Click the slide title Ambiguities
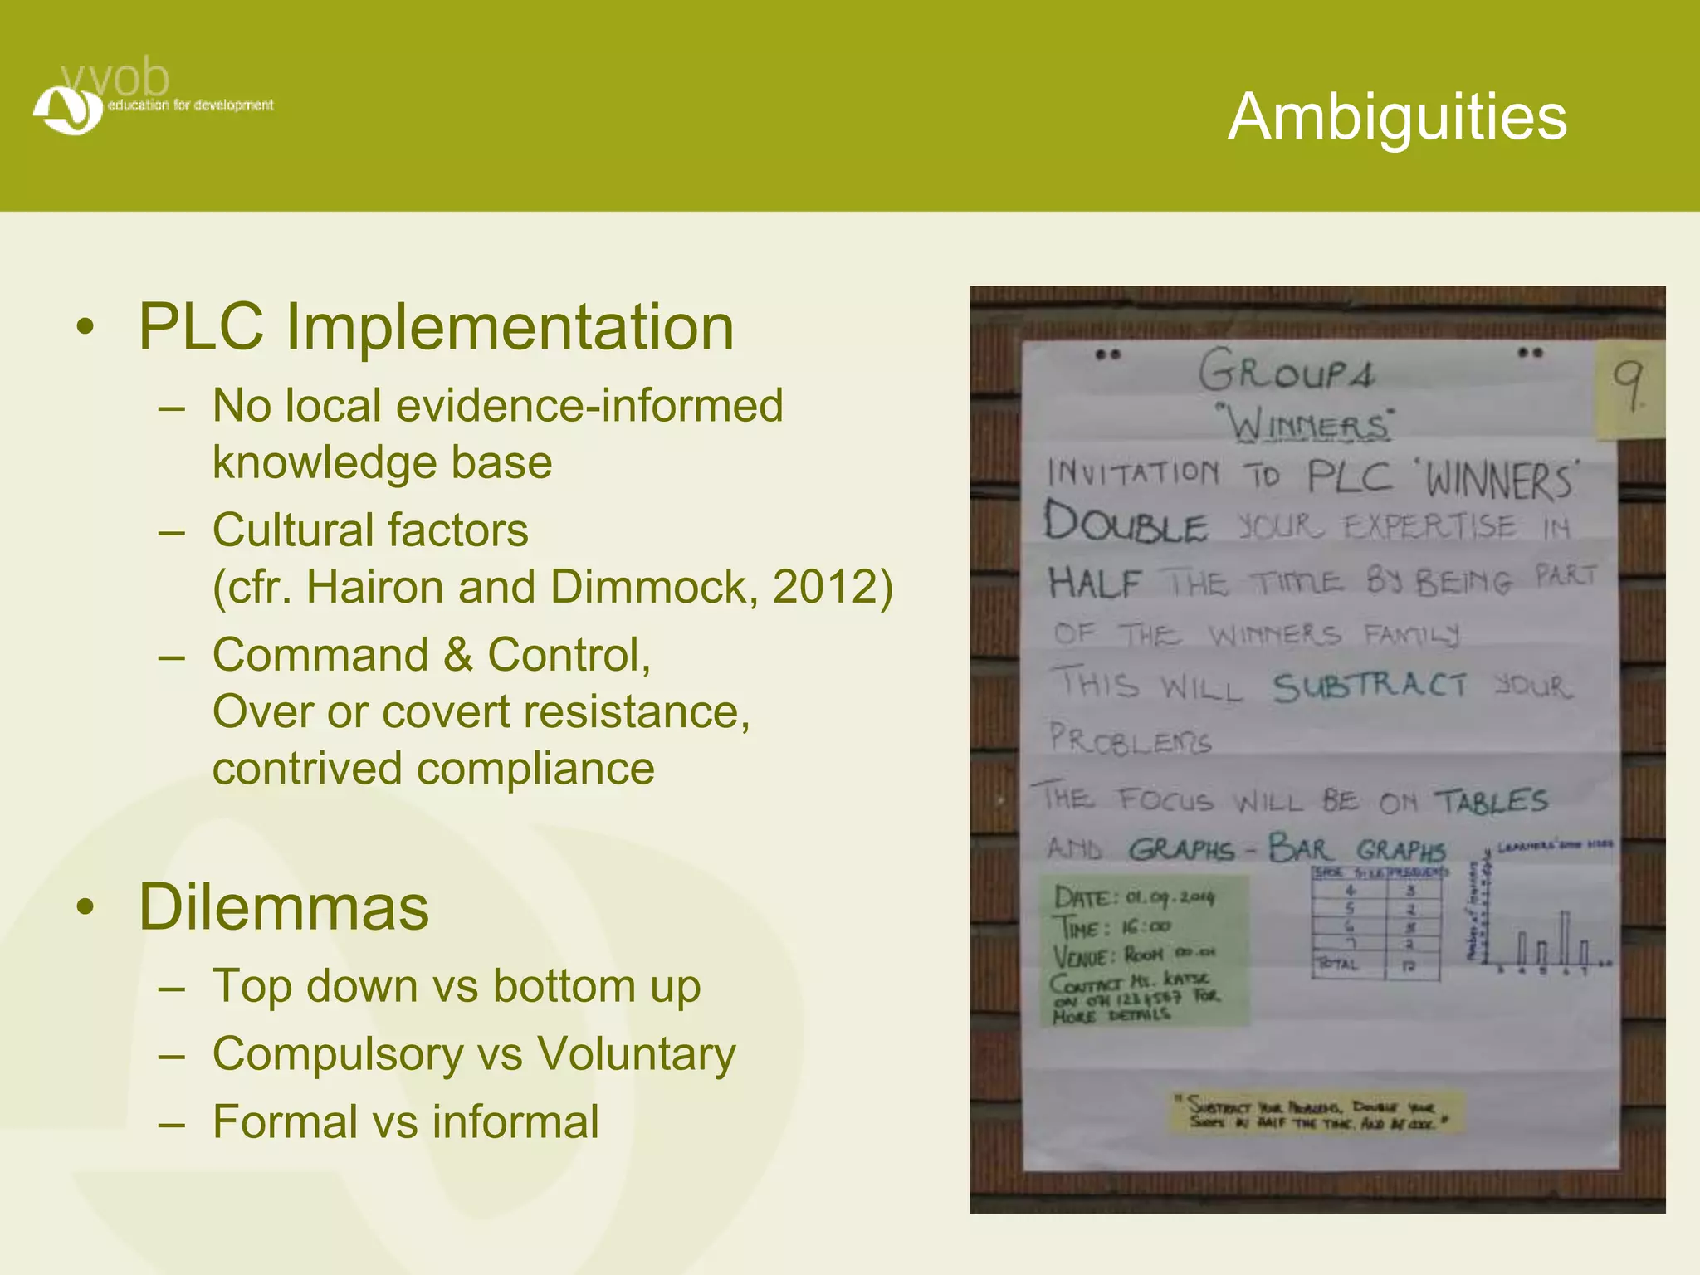(x=1397, y=117)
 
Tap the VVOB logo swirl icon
(x=67, y=110)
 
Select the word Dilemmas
(x=284, y=906)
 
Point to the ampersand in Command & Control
(x=457, y=655)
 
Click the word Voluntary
(x=636, y=1054)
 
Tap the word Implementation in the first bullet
(x=510, y=327)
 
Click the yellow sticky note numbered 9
(x=1629, y=388)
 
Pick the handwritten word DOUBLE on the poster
(x=1125, y=523)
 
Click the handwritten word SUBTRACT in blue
(x=1370, y=686)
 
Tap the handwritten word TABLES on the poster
(x=1492, y=801)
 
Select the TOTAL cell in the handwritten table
(x=1337, y=965)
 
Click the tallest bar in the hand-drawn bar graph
(x=1565, y=937)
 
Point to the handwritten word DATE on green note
(x=1081, y=897)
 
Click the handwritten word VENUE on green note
(x=1081, y=955)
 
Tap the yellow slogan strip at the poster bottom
(x=1316, y=1113)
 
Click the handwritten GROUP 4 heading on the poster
(x=1286, y=371)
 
